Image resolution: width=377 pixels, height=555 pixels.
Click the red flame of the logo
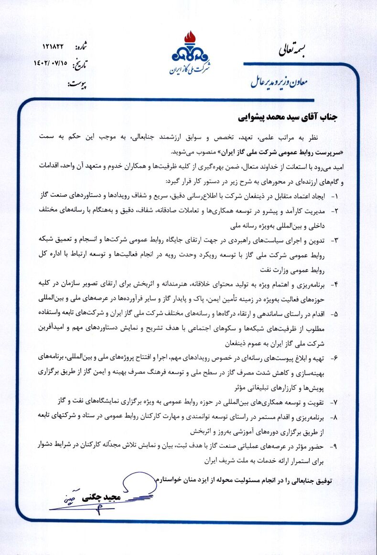point(191,37)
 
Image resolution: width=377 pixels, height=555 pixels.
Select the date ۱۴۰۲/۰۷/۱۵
point(50,63)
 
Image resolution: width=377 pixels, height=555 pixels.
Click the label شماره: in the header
point(84,48)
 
